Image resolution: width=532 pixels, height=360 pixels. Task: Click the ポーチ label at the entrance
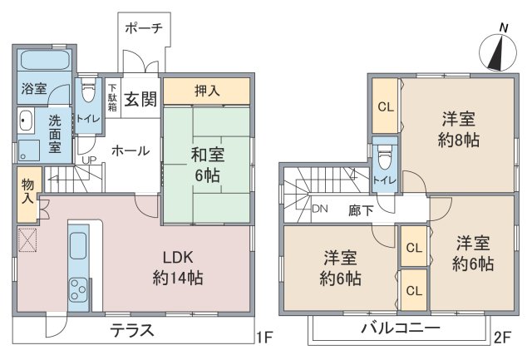pyautogui.click(x=143, y=28)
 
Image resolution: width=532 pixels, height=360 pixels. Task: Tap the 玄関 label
pyautogui.click(x=141, y=99)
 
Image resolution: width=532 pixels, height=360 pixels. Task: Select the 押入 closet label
pyautogui.click(x=207, y=91)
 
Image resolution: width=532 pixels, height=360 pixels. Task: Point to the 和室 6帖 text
pyautogui.click(x=207, y=162)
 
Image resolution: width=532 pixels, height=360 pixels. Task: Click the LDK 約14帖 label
pyautogui.click(x=178, y=268)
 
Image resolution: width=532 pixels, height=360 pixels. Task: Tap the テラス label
pyautogui.click(x=132, y=330)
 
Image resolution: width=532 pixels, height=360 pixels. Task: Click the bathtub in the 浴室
pyautogui.click(x=44, y=62)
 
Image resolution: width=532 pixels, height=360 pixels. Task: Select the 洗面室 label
pyautogui.click(x=55, y=132)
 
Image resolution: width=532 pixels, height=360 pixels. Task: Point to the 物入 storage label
pyautogui.click(x=27, y=194)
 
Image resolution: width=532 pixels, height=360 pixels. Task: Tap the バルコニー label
pyautogui.click(x=400, y=329)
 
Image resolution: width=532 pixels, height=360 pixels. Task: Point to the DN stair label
pyautogui.click(x=320, y=210)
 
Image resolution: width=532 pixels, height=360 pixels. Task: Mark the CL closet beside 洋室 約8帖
pyautogui.click(x=385, y=106)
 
